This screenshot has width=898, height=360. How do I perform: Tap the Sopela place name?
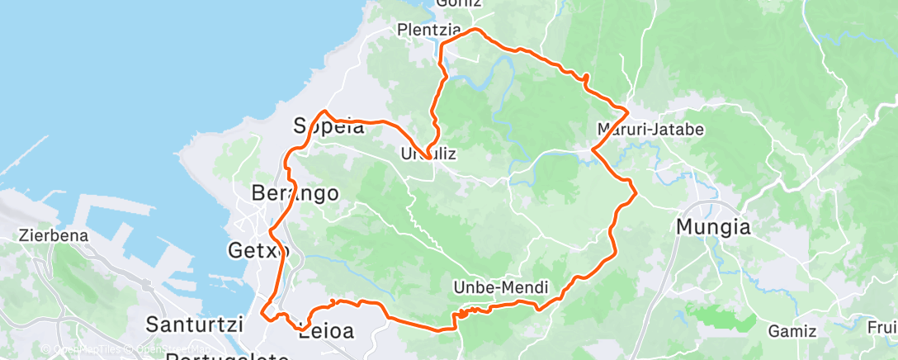(328, 127)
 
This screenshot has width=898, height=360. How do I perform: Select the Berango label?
(295, 193)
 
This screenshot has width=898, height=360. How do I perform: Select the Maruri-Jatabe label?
(649, 130)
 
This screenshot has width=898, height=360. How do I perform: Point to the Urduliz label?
(428, 154)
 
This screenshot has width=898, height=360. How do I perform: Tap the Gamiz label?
(792, 331)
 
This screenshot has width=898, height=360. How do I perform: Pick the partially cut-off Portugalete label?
(228, 357)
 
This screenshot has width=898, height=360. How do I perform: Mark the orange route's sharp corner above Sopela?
(325, 111)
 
